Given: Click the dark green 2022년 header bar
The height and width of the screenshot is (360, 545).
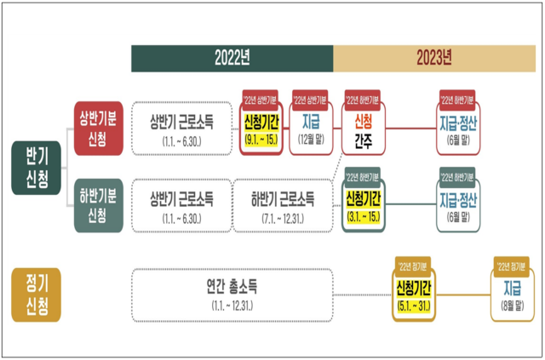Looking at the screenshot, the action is tap(232, 58).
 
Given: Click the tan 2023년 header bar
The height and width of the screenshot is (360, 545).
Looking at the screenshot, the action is tap(433, 58).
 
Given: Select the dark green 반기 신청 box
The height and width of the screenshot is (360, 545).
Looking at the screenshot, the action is tap(35, 167).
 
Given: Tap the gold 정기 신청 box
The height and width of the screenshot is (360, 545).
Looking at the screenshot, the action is tap(35, 294).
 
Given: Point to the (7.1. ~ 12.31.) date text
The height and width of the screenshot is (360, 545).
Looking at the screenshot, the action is tap(282, 218).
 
